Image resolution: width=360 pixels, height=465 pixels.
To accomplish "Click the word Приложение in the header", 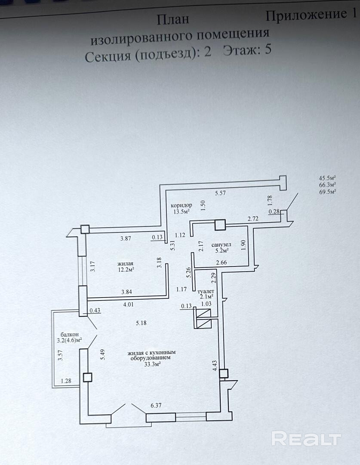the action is coord(303,15).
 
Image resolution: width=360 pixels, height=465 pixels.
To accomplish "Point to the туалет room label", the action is coord(206,291).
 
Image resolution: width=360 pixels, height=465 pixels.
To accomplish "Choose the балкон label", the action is coord(69,334).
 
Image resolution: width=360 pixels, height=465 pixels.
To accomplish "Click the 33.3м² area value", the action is coord(152,364).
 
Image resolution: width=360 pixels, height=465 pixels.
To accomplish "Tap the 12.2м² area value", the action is coord(125,270).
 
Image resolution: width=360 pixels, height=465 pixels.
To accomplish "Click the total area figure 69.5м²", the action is coord(327,192).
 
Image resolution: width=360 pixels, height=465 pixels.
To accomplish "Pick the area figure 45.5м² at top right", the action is coord(327,178).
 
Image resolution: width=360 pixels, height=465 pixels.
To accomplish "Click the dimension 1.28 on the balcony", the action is coord(66,381).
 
